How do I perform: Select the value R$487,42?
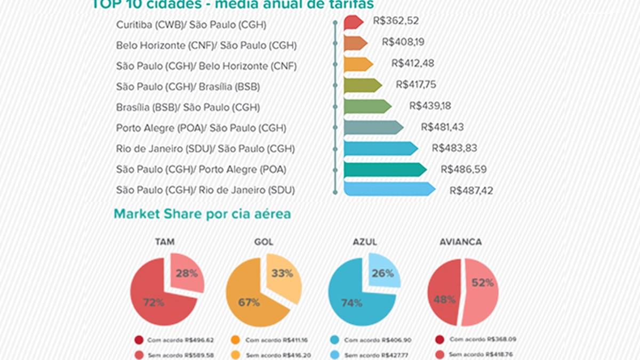tap(471, 190)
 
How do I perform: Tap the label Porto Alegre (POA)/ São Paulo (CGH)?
tap(201, 128)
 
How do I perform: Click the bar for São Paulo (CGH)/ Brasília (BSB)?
tap(362, 85)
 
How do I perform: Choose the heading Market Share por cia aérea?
tap(202, 214)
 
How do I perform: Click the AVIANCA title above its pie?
tap(460, 242)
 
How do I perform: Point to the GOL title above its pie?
tap(264, 242)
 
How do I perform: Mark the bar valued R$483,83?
tap(380, 148)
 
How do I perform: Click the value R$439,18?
tap(430, 106)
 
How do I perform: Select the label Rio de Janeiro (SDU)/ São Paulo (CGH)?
tap(205, 149)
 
